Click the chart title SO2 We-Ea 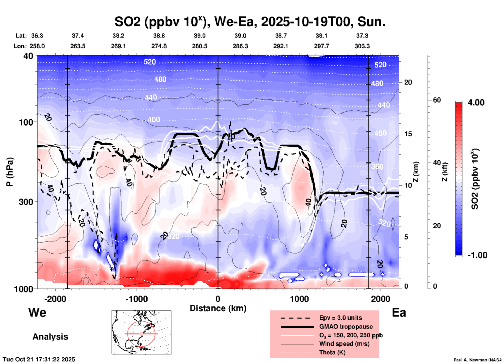pyautogui.click(x=250, y=22)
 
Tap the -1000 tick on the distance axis pyautogui.click(x=136, y=299)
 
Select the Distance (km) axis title pyautogui.click(x=218, y=308)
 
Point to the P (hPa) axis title pyautogui.click(x=10, y=172)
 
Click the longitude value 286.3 pyautogui.click(x=240, y=46)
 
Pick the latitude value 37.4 pyautogui.click(x=78, y=36)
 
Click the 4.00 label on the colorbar pyautogui.click(x=476, y=102)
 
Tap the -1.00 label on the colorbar pyautogui.click(x=477, y=255)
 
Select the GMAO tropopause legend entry pyautogui.click(x=346, y=327)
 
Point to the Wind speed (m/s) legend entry pyautogui.click(x=344, y=344)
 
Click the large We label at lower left pyautogui.click(x=37, y=312)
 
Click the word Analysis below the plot pyautogui.click(x=50, y=337)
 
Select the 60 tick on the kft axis pyautogui.click(x=437, y=100)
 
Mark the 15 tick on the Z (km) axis pyautogui.click(x=408, y=134)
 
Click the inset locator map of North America pyautogui.click(x=141, y=332)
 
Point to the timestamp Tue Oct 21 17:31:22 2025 pyautogui.click(x=39, y=359)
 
